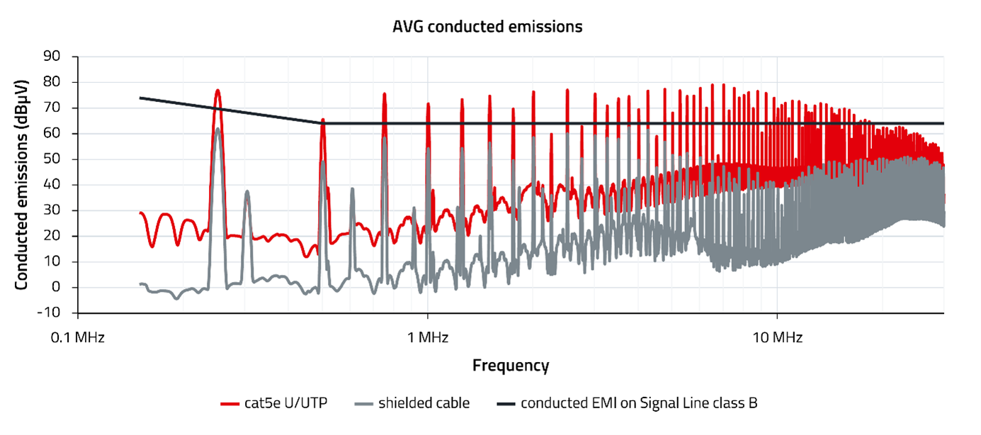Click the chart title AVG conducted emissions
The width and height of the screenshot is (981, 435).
(x=487, y=28)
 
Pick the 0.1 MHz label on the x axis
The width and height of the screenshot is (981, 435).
(x=79, y=338)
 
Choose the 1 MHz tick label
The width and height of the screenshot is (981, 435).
(x=428, y=338)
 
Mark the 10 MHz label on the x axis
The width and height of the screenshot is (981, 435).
(x=777, y=338)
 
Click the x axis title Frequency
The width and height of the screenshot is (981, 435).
(x=511, y=366)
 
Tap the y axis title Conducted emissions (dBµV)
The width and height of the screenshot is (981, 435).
(x=22, y=184)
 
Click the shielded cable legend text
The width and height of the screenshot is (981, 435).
(x=424, y=404)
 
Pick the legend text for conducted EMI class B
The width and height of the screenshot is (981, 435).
(x=639, y=404)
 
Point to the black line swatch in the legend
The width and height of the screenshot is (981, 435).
(x=506, y=404)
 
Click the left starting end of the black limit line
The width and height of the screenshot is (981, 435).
(x=140, y=98)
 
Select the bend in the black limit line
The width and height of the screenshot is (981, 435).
(x=322, y=123)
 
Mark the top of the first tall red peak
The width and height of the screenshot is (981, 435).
(x=218, y=91)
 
